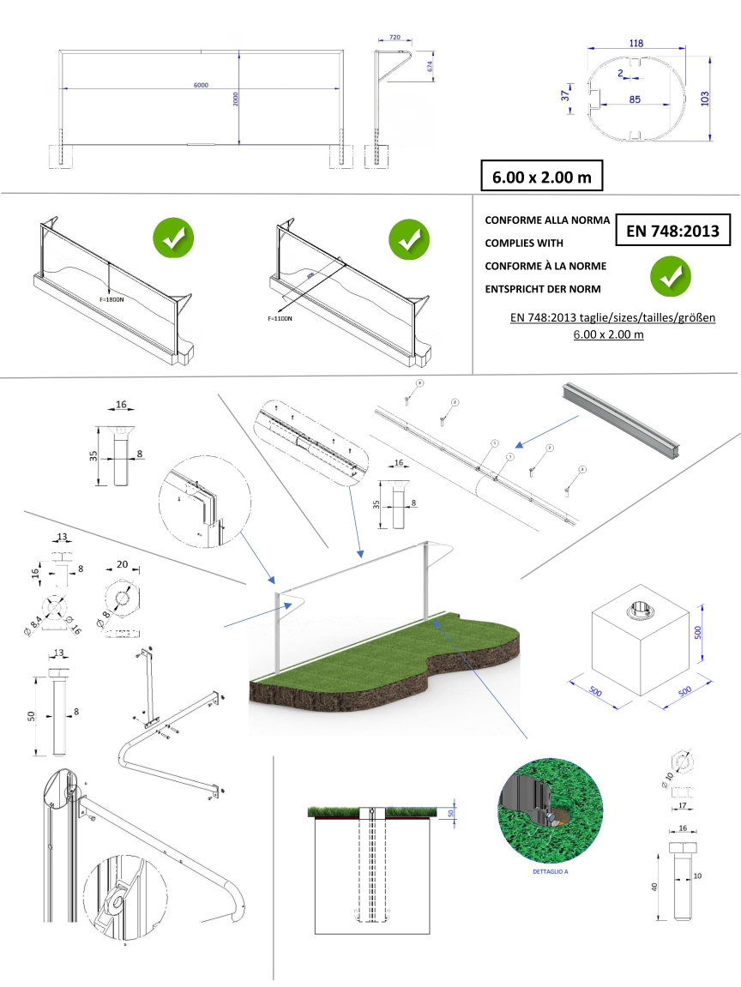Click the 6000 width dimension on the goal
tap(200, 85)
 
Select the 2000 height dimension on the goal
tap(234, 99)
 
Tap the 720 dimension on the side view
tap(395, 39)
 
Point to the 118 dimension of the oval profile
tap(636, 43)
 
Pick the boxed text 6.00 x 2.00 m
tap(540, 176)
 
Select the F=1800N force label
tap(111, 301)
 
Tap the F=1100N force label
tap(280, 318)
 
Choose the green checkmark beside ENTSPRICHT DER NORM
tap(670, 275)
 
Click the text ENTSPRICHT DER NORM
tap(543, 288)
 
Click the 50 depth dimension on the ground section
tap(452, 813)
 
